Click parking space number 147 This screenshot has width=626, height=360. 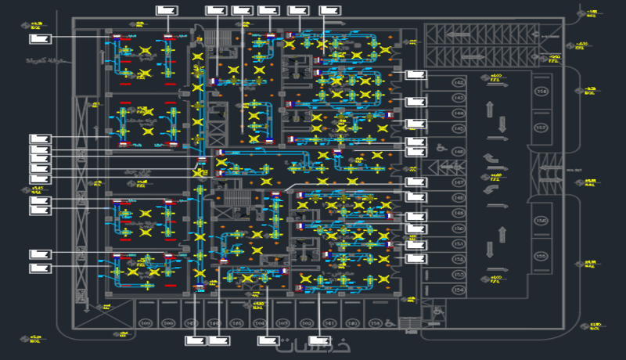(459, 182)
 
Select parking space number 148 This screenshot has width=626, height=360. (459, 198)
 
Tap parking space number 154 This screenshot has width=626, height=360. (459, 290)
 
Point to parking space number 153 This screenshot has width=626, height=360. (459, 275)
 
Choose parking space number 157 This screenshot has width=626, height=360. (540, 127)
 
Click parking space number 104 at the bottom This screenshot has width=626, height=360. (261, 323)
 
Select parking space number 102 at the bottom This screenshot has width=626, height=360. (307, 323)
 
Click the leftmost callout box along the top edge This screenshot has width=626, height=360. (167, 10)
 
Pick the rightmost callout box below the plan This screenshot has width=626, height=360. (319, 340)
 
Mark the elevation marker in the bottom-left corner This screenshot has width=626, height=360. (35, 338)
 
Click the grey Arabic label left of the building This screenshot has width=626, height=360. (45, 60)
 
